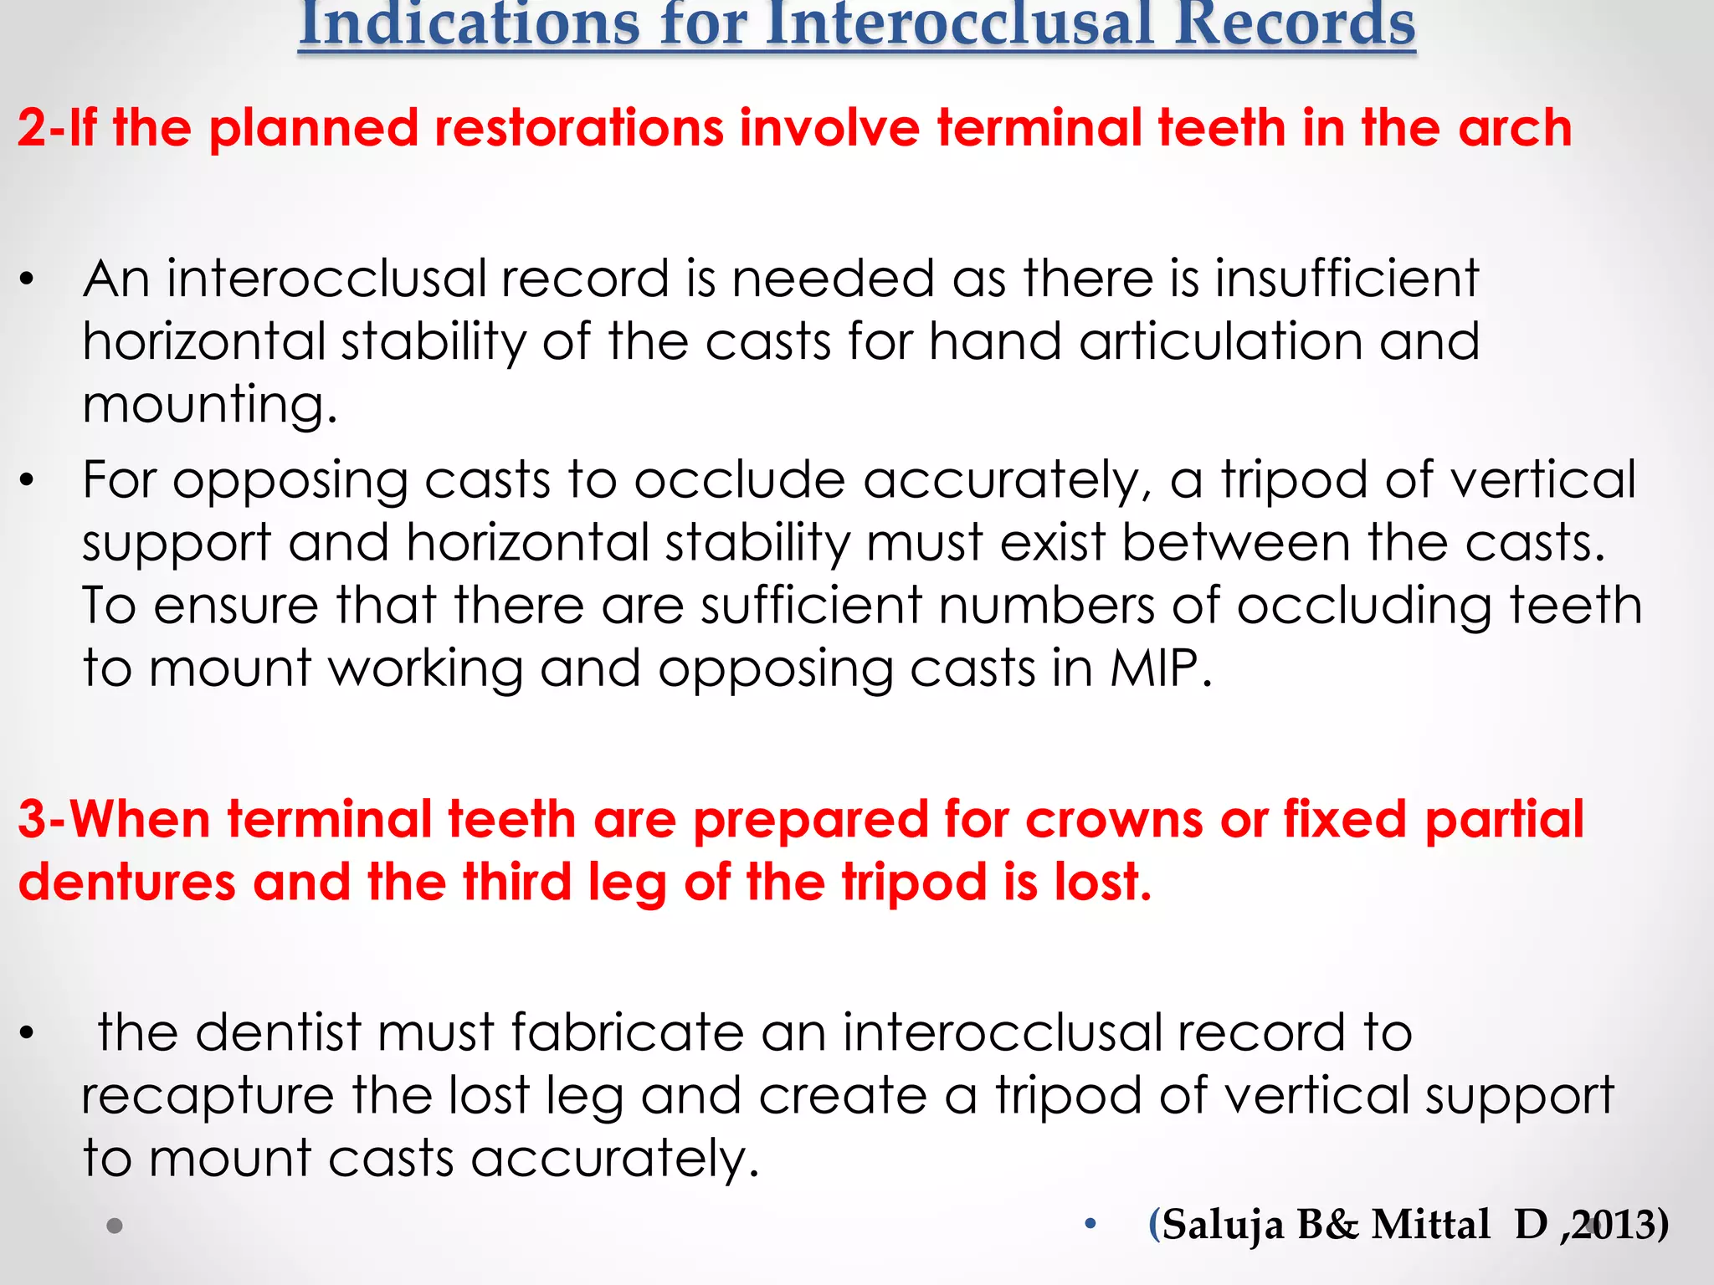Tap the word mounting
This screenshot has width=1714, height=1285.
click(209, 406)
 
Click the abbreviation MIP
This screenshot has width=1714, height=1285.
click(1160, 668)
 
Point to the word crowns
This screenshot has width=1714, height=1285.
click(1114, 819)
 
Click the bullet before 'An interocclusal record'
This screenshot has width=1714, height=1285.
click(28, 280)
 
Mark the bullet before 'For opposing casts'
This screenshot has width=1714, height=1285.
click(28, 481)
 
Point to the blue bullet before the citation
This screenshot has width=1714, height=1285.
click(1090, 1225)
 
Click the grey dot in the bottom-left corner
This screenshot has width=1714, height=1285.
click(115, 1226)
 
